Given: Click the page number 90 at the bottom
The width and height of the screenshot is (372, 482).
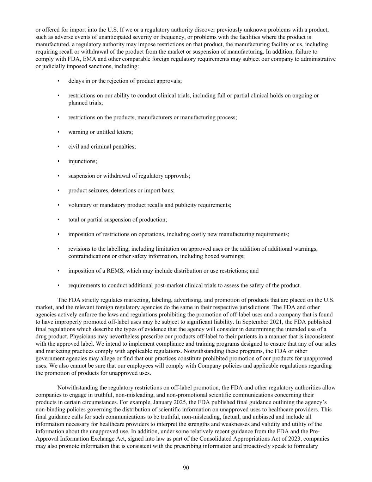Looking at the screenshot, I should [x=186, y=468].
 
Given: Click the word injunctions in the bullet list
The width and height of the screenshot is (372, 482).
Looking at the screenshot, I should [x=82, y=161].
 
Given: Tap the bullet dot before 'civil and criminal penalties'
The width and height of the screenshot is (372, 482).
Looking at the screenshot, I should [x=59, y=147].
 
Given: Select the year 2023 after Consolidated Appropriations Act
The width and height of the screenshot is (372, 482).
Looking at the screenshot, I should [x=296, y=439].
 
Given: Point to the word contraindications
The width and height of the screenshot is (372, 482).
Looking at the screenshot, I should [x=90, y=256].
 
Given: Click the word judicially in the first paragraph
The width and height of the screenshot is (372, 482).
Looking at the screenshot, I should [x=54, y=66].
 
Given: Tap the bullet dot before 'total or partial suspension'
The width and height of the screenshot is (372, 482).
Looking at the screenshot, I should [x=59, y=220].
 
